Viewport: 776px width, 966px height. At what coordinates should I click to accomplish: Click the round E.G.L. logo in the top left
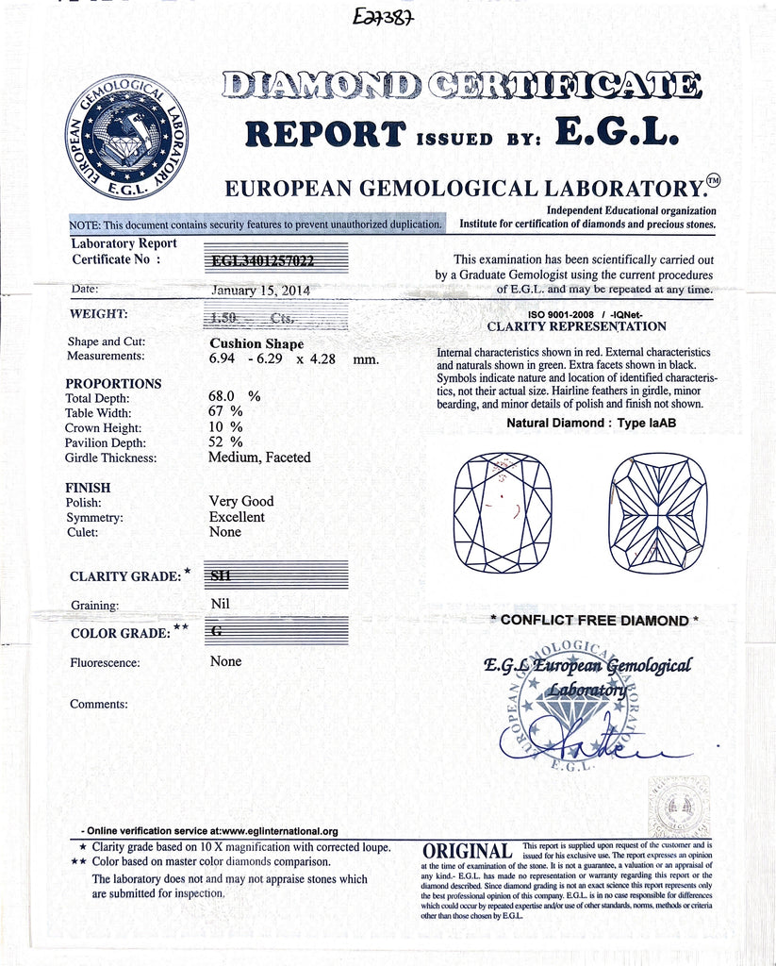[x=126, y=136]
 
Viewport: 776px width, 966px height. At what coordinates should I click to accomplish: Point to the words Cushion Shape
[x=256, y=343]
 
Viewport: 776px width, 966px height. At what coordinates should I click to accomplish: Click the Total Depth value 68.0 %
[x=235, y=397]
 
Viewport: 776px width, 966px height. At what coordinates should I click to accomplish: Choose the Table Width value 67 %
[x=225, y=412]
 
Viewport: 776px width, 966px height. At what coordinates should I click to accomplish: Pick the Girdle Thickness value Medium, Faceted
[x=259, y=458]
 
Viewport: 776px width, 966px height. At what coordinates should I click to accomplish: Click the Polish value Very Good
[x=241, y=502]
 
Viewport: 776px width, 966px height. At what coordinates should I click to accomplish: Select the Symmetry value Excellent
[x=237, y=517]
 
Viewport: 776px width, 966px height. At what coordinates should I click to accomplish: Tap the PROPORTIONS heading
[x=113, y=384]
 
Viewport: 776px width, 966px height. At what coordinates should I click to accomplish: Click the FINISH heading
[x=89, y=488]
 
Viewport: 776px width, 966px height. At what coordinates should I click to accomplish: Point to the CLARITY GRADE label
[x=125, y=576]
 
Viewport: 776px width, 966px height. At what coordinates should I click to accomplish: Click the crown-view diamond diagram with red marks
[x=503, y=512]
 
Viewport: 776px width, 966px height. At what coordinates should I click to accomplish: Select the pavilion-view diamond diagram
[x=657, y=512]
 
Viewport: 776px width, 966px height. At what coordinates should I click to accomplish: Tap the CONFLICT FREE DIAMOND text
[x=594, y=621]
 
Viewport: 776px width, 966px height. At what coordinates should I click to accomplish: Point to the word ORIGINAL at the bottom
[x=468, y=851]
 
